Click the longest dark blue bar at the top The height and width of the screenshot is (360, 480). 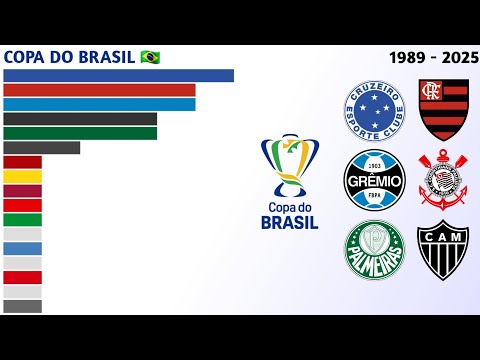(x=118, y=75)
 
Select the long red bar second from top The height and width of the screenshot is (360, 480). (x=99, y=90)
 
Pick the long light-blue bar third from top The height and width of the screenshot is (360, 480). (x=99, y=104)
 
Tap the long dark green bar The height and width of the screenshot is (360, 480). (x=80, y=133)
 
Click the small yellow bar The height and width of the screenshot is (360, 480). (x=22, y=176)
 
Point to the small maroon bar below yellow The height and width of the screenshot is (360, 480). (x=22, y=190)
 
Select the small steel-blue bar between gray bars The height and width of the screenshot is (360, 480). (x=22, y=248)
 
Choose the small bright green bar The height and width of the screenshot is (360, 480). (x=22, y=219)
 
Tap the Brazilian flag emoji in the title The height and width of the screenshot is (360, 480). (x=150, y=56)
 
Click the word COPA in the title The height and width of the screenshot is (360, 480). (x=27, y=56)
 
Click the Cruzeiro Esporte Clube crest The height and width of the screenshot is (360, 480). (x=374, y=110)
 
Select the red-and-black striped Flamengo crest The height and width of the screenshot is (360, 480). (x=443, y=110)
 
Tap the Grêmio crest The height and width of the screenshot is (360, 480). (x=374, y=180)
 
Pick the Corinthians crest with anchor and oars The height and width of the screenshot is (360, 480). (x=443, y=180)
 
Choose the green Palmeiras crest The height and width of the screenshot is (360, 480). (x=374, y=250)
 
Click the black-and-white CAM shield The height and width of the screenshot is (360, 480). (x=443, y=250)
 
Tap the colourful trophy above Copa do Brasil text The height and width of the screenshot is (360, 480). (x=289, y=165)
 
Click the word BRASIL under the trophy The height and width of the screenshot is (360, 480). (x=289, y=222)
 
